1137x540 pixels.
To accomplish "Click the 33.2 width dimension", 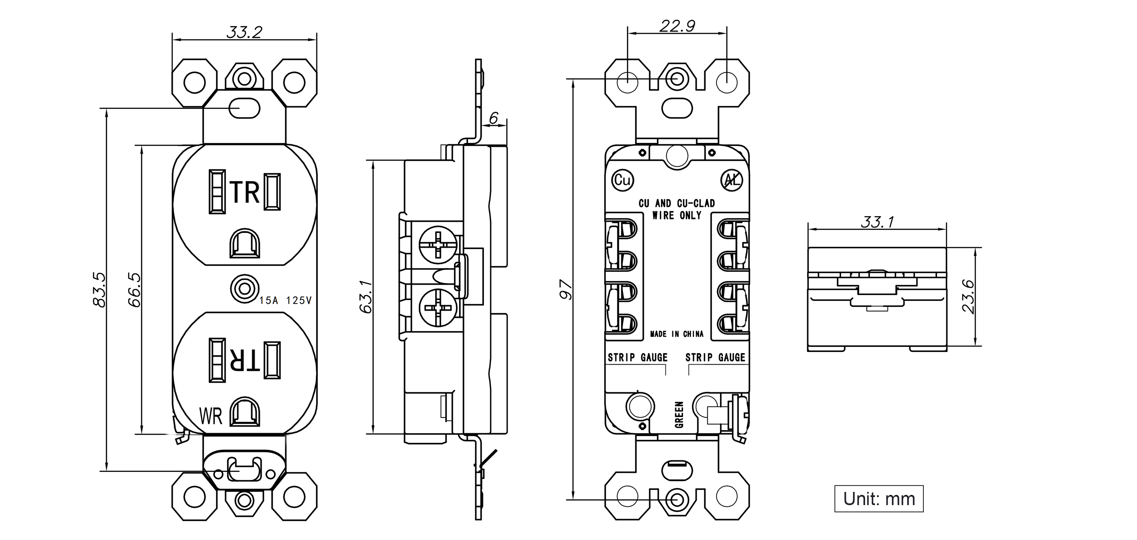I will point(244,32).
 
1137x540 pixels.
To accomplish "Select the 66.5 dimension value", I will point(134,289).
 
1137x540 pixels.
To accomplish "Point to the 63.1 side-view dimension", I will point(366,297).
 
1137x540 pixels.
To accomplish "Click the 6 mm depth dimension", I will point(494,118).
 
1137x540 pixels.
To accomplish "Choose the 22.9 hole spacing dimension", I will point(677,26).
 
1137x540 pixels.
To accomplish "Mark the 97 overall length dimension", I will point(566,289).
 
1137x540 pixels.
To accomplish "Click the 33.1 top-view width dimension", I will point(877,222).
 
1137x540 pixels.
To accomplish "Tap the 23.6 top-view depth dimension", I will point(967,296).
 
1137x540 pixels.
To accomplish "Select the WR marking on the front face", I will point(211,416).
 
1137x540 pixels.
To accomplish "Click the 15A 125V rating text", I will point(285,301).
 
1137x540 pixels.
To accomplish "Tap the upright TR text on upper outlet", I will point(245,192).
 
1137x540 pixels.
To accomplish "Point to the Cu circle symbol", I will point(623,180).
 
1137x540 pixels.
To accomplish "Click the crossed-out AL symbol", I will point(731,180).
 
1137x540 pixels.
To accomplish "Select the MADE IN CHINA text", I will point(677,334).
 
